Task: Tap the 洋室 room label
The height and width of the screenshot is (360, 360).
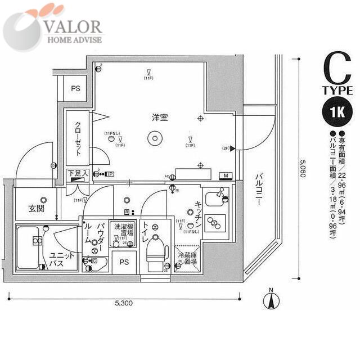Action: pos(159,118)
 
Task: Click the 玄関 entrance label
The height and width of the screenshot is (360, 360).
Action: pos(37,209)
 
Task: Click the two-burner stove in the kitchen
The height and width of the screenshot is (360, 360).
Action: pos(215,223)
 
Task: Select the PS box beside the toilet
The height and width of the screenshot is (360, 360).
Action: pos(124,262)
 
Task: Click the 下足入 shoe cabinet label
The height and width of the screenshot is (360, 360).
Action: pos(78,174)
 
